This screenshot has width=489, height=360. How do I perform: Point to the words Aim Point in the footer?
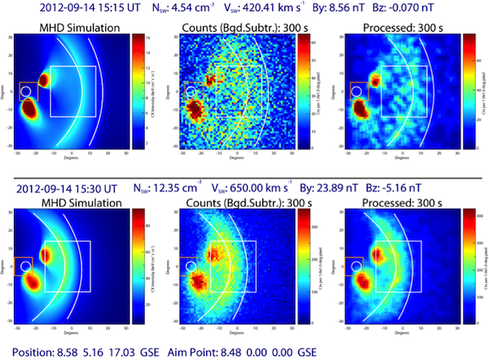[238, 350]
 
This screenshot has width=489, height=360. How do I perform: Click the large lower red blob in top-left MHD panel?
[29, 108]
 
